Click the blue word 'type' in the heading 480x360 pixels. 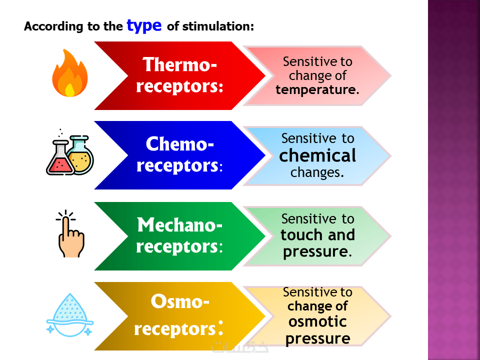(144, 25)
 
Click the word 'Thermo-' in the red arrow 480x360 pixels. (180, 65)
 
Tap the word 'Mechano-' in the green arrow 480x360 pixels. (180, 225)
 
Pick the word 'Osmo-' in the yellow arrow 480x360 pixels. (180, 302)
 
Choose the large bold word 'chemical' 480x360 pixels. (317, 155)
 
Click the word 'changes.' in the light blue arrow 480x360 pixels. (317, 173)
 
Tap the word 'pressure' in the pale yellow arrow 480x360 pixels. (317, 338)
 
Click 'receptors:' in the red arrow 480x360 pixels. (180, 86)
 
